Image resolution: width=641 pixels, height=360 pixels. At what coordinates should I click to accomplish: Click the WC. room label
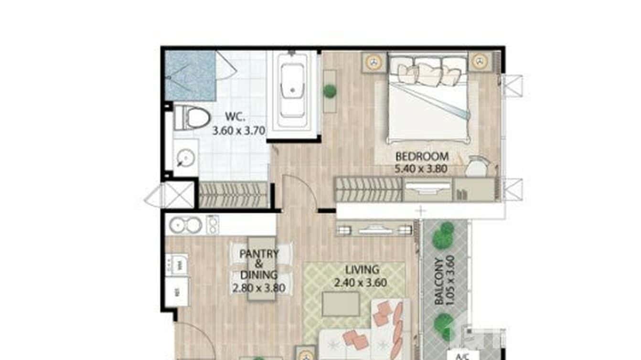pos(235,117)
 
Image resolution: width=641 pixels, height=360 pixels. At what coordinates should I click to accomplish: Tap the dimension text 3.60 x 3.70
pos(239,130)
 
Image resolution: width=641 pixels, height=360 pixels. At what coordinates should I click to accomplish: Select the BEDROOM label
pos(422,156)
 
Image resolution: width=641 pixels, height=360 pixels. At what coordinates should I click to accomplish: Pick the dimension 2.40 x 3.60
pos(361,283)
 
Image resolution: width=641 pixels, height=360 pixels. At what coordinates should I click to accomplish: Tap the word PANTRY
pos(258,254)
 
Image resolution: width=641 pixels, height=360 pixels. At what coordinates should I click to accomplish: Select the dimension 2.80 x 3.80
pos(258,288)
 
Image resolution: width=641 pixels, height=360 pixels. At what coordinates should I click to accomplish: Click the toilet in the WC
pos(191,118)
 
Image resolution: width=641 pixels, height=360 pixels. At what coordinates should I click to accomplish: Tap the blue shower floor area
pos(190,75)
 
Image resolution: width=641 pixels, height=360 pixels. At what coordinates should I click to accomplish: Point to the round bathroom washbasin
pos(185,157)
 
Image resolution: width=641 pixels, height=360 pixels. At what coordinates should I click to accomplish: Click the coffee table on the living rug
pos(340,304)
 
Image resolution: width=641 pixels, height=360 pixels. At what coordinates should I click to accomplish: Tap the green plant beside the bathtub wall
pos(330,91)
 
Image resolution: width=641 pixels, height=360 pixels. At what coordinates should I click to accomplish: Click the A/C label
pos(460,356)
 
